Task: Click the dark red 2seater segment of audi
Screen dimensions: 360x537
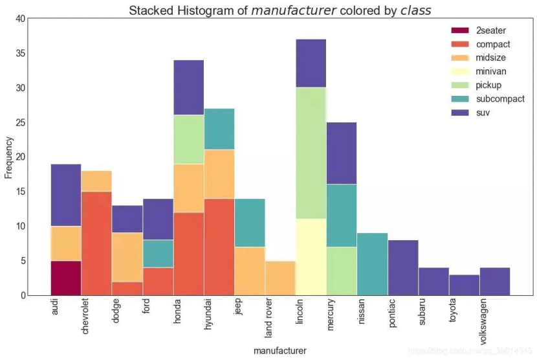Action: [66, 278]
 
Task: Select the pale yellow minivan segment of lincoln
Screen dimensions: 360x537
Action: [311, 257]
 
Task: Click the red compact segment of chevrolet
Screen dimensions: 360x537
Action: [96, 243]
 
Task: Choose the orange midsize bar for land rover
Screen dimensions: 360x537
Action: [280, 278]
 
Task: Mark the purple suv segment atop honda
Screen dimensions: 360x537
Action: [188, 87]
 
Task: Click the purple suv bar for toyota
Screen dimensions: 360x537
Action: [464, 285]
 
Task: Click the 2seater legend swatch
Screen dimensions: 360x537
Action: [460, 30]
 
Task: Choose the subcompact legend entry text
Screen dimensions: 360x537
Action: [500, 99]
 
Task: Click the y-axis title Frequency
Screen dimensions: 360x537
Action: [8, 157]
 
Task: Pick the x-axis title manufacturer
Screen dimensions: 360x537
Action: [280, 350]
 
